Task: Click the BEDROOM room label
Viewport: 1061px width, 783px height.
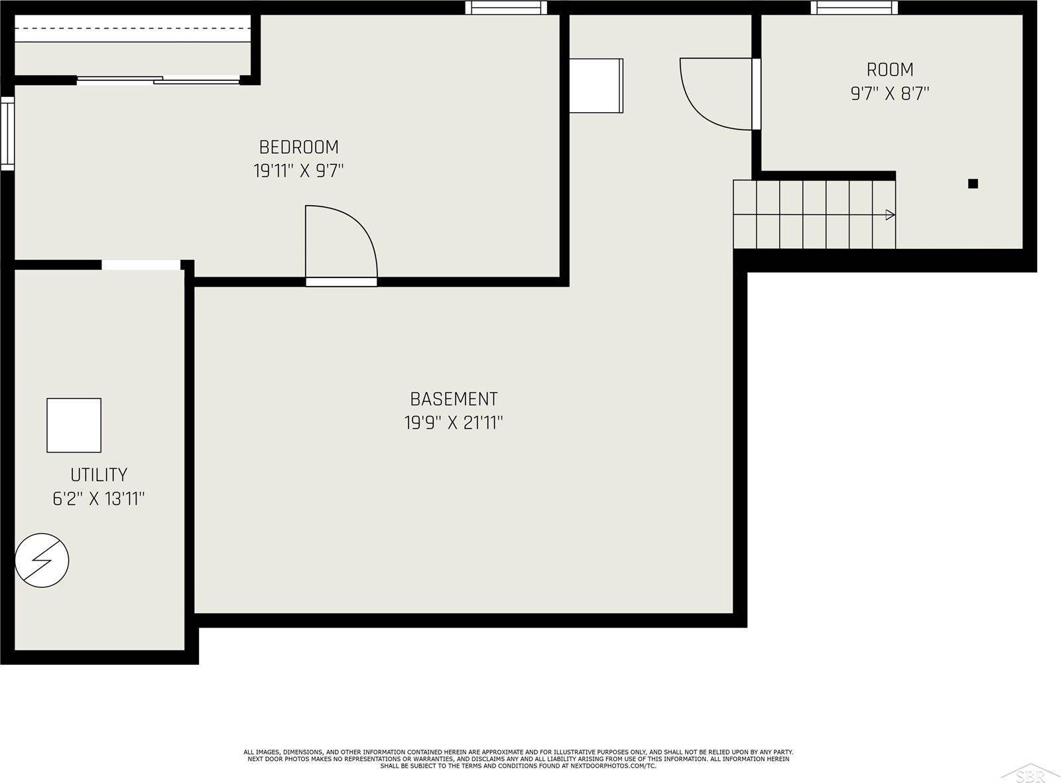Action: point(298,147)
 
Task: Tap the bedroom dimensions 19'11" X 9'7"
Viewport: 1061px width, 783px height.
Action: point(298,170)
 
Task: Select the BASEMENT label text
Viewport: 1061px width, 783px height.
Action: point(454,399)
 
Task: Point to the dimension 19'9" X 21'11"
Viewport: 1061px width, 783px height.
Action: point(454,422)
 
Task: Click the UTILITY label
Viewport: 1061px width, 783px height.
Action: point(99,474)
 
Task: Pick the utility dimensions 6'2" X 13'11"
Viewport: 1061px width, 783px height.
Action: point(99,498)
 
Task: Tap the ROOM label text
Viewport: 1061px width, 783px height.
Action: point(890,70)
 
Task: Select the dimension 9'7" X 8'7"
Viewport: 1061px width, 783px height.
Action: point(890,94)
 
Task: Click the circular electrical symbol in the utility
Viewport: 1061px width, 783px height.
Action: point(42,561)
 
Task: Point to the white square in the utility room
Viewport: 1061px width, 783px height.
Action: point(74,425)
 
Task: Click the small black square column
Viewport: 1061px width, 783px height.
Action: point(973,183)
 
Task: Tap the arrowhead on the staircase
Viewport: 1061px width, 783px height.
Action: point(890,215)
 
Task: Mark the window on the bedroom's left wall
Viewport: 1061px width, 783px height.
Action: point(7,133)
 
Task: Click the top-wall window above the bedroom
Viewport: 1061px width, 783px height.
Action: point(506,7)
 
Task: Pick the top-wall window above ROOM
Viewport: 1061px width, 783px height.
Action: point(854,7)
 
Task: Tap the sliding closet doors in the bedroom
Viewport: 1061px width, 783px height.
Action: point(158,80)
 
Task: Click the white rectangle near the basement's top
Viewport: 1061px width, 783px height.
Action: point(596,86)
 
